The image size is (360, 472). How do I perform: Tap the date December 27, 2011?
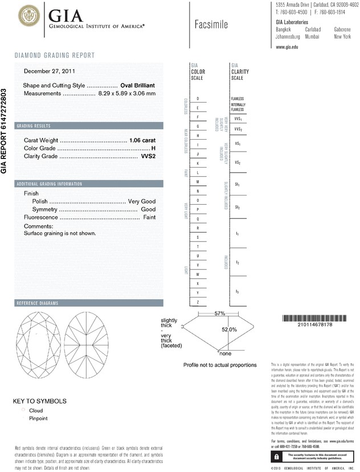tap(50, 71)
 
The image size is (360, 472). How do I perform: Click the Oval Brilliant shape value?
tap(138, 85)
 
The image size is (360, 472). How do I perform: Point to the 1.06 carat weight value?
tap(142, 140)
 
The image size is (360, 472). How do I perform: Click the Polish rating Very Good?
tap(142, 202)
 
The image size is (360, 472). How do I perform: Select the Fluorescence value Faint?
tap(149, 218)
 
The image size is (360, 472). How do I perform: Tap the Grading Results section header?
tap(34, 125)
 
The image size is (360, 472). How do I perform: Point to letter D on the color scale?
tap(198, 99)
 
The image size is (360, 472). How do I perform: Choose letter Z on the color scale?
tap(198, 302)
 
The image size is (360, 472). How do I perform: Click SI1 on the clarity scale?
tap(238, 185)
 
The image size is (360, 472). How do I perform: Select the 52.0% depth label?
tap(229, 329)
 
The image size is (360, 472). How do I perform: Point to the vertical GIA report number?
tap(5, 131)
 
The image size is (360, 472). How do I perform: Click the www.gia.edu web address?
tap(287, 47)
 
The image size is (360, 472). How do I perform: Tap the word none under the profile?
tap(225, 354)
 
